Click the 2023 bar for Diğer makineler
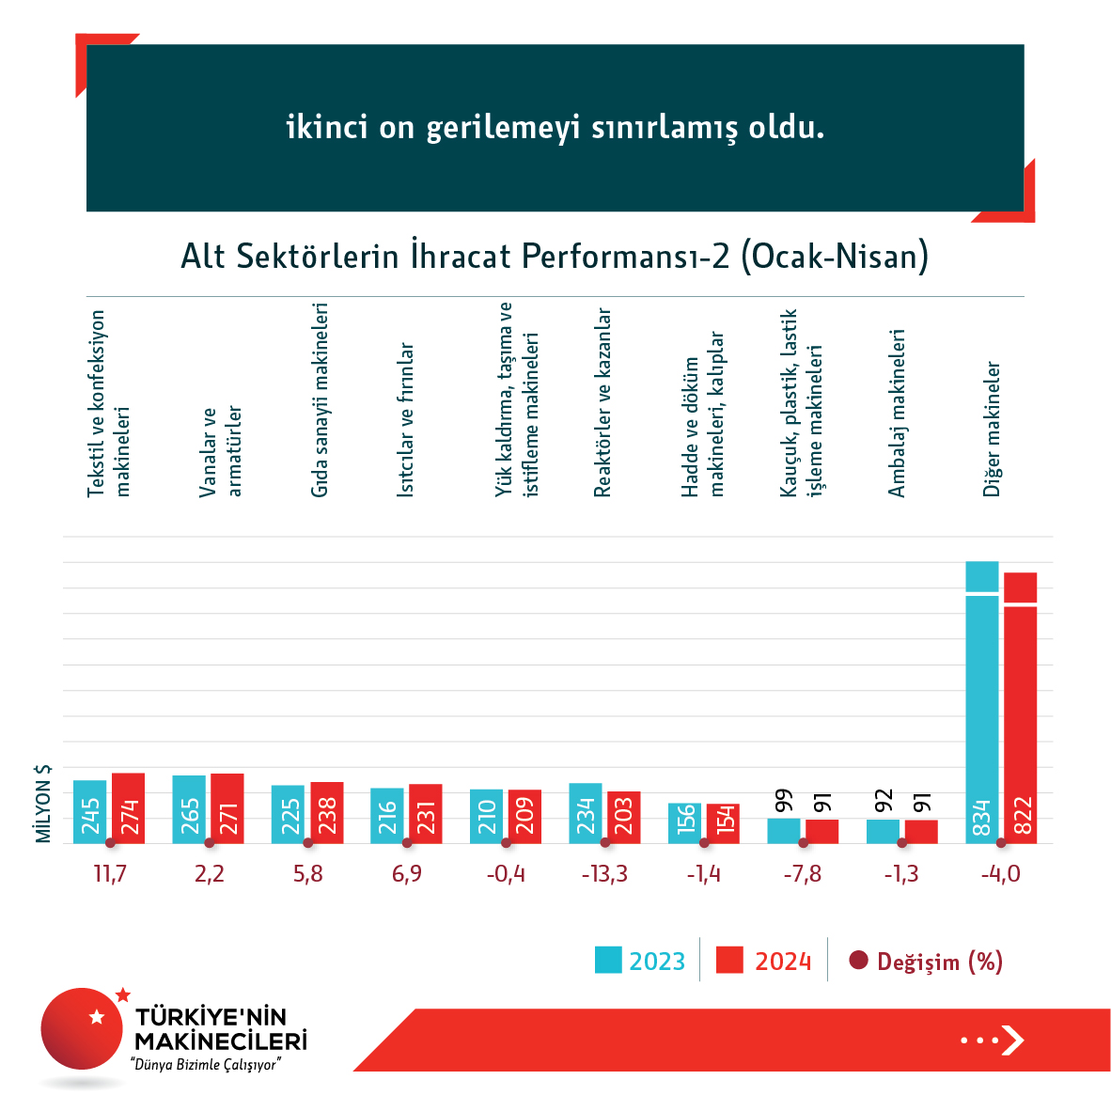(x=981, y=705)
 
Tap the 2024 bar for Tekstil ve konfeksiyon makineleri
(x=128, y=808)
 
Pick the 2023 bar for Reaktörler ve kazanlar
(x=585, y=813)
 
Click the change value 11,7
(x=110, y=874)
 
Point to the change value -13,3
(x=604, y=874)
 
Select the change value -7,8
(x=802, y=874)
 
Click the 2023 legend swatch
(x=608, y=961)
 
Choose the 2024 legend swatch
(x=729, y=961)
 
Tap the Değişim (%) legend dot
(x=857, y=961)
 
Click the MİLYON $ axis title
(x=43, y=804)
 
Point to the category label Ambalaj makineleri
(x=897, y=414)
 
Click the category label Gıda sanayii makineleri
(x=320, y=400)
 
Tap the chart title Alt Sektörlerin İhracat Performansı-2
(x=555, y=256)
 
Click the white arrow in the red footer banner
(x=1012, y=1041)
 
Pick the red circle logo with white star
(x=83, y=1027)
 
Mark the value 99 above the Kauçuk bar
(x=784, y=801)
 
